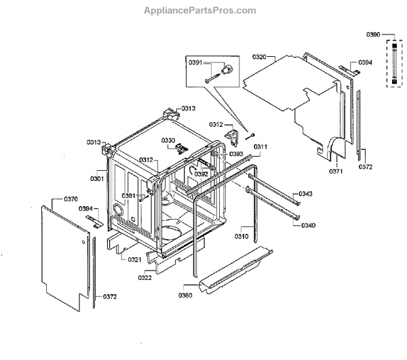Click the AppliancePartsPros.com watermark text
[x=201, y=11]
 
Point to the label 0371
[x=336, y=172]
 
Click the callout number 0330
[x=168, y=140]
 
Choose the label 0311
[x=261, y=146]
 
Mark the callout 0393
[x=236, y=154]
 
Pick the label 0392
[x=201, y=174]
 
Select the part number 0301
[x=96, y=179]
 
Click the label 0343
[x=307, y=195]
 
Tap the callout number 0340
[x=308, y=225]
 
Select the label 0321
[x=135, y=260]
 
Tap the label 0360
[x=186, y=296]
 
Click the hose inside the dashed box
[x=393, y=63]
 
